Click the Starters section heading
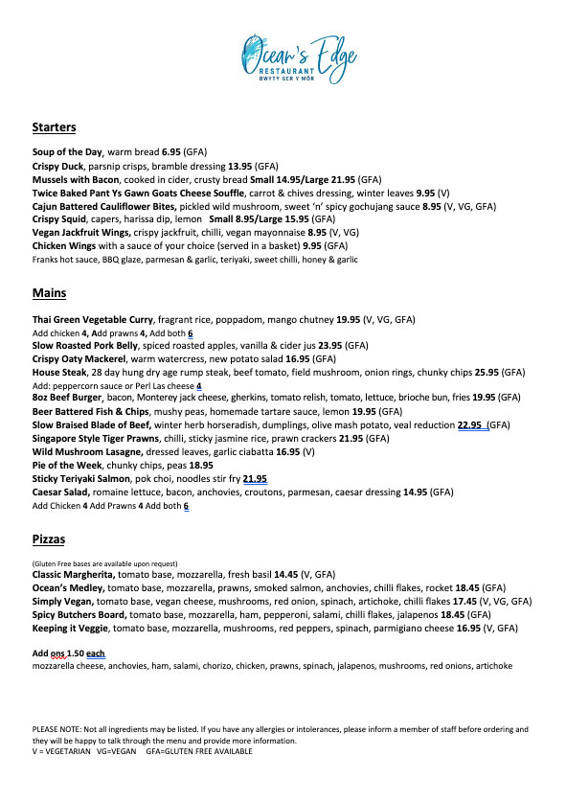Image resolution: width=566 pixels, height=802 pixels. click(54, 127)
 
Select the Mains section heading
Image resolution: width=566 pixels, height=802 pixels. click(49, 292)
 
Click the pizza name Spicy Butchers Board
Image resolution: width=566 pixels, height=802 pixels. click(79, 614)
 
